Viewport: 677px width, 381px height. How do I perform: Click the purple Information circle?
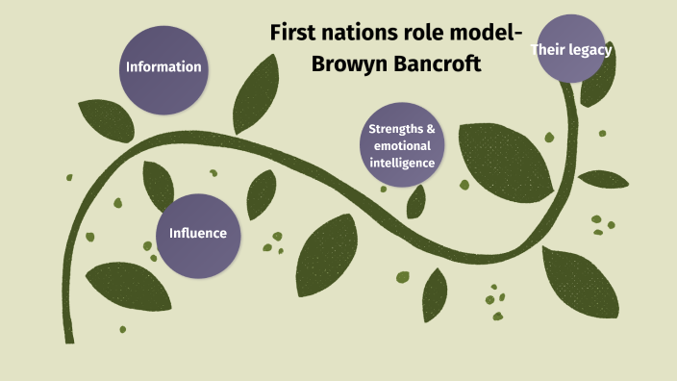point(163,67)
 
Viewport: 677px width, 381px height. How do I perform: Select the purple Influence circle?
point(197,233)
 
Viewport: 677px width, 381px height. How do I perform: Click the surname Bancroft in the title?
point(433,65)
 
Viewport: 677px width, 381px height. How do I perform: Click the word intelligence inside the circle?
point(403,164)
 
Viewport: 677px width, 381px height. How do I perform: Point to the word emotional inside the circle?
point(403,146)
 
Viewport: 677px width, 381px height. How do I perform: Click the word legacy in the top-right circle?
point(589,49)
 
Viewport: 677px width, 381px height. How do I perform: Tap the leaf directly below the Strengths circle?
point(415,200)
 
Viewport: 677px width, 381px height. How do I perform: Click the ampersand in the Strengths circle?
point(431,129)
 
